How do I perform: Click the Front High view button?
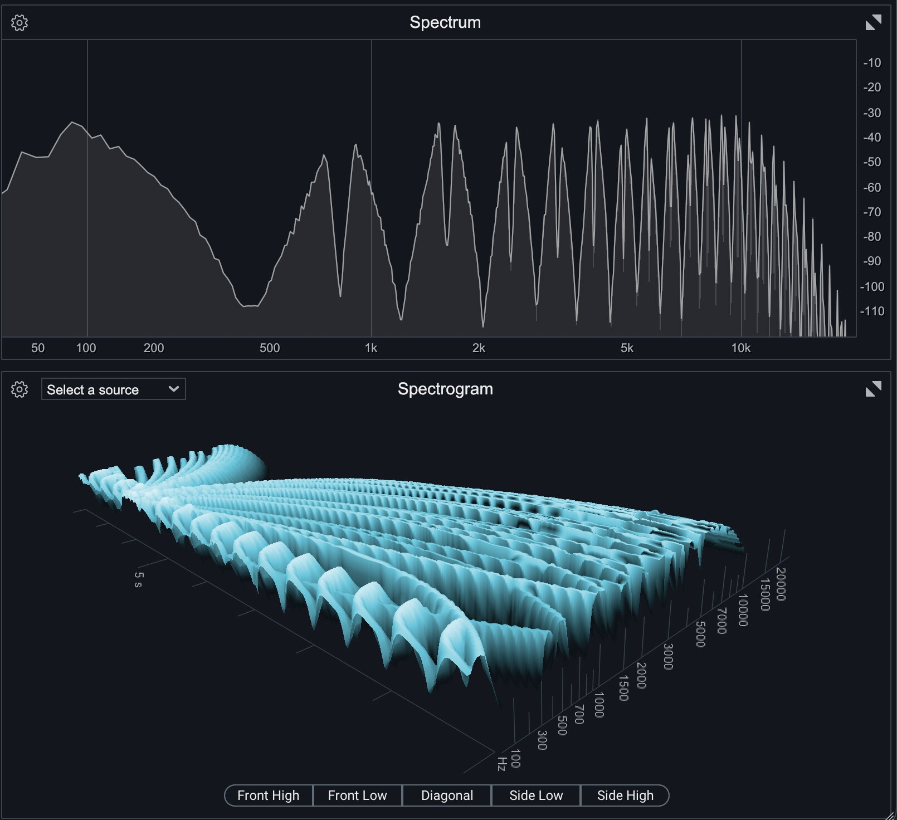pos(269,795)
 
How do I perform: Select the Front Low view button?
pos(357,795)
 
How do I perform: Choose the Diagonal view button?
pos(447,795)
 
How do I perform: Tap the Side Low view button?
pos(536,795)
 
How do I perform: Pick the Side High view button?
pos(625,795)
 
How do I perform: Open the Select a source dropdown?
pos(113,389)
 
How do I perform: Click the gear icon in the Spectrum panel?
pos(19,23)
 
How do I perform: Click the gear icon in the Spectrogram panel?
pos(19,389)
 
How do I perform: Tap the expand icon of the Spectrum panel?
pos(873,23)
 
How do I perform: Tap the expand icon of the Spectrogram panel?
pos(873,389)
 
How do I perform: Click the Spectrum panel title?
pos(445,22)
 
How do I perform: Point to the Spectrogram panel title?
pos(445,389)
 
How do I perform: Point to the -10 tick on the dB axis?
pos(872,63)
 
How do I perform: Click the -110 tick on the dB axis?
pos(872,311)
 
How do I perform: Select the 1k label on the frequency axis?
pos(371,348)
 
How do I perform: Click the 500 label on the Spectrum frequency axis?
pos(270,348)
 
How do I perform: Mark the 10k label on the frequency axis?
pos(741,348)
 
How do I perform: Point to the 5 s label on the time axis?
pos(138,579)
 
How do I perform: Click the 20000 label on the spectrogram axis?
pos(781,584)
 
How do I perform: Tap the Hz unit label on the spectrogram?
pos(501,764)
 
